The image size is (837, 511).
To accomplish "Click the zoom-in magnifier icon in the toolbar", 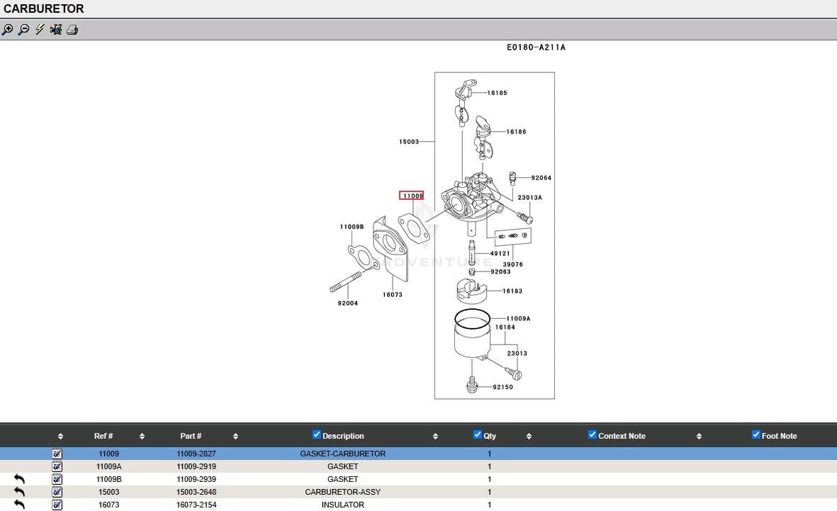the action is pyautogui.click(x=8, y=30).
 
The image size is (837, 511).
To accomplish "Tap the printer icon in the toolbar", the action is pyautogui.click(x=72, y=30).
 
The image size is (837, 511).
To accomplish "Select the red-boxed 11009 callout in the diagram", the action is pyautogui.click(x=412, y=196).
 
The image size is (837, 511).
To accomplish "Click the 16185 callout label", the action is pyautogui.click(x=497, y=93).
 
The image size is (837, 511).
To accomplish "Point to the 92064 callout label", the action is pyautogui.click(x=541, y=178).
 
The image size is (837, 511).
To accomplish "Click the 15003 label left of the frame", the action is pyautogui.click(x=409, y=142).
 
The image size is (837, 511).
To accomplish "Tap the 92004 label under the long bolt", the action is pyautogui.click(x=347, y=303).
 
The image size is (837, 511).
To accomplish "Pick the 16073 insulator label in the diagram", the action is pyautogui.click(x=393, y=295).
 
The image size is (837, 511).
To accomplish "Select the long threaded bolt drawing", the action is pyautogui.click(x=346, y=281).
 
